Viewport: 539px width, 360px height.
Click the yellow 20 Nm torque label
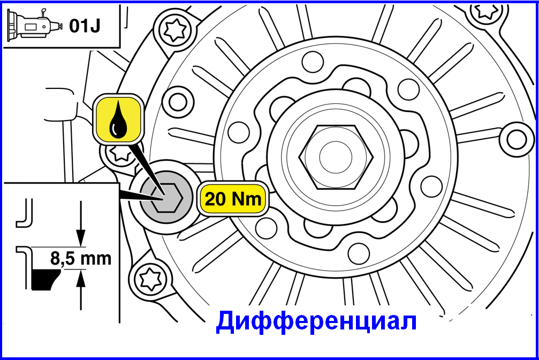tap(233, 199)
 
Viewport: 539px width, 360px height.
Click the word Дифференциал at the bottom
tap(316, 321)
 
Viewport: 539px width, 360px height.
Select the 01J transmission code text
tap(85, 26)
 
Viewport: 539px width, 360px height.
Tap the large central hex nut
tap(336, 157)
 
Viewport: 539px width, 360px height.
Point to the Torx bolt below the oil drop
tap(119, 154)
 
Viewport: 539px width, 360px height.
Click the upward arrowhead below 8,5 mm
tap(81, 279)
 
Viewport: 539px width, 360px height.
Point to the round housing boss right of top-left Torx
tap(178, 102)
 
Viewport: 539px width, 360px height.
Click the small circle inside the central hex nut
tap(336, 157)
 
